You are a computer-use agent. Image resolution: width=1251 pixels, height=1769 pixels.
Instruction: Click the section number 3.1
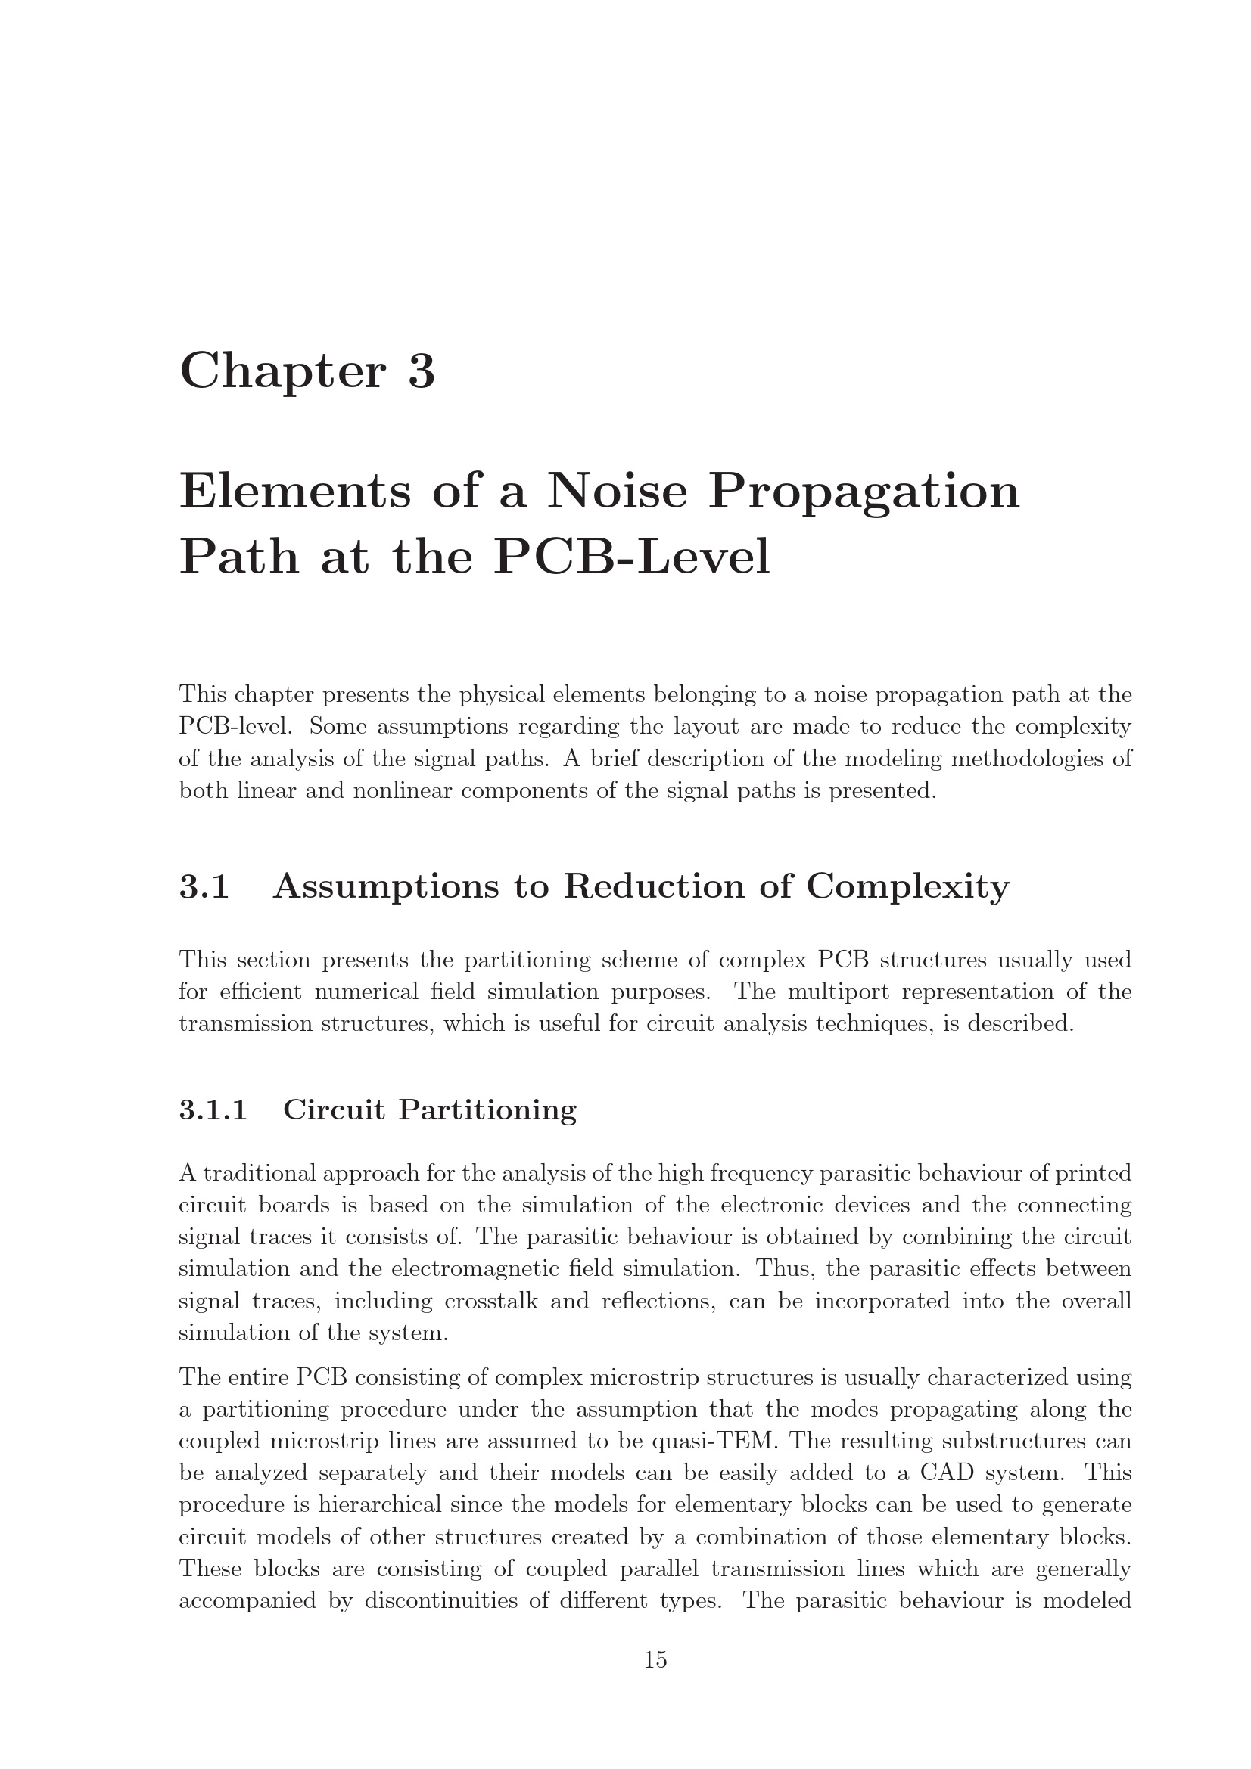point(204,887)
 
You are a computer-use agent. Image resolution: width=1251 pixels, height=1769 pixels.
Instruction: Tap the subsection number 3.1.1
point(213,1110)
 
